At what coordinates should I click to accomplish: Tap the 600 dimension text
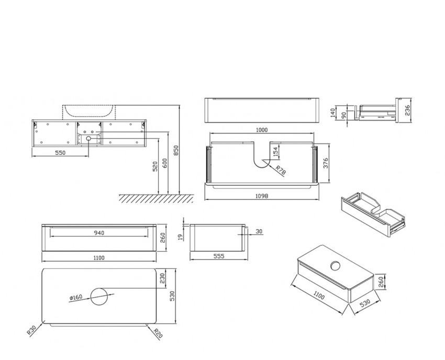pyautogui.click(x=165, y=162)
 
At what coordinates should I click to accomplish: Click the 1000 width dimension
pyautogui.click(x=262, y=130)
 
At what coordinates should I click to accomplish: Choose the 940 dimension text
pyautogui.click(x=99, y=233)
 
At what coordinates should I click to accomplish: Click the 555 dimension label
pyautogui.click(x=219, y=257)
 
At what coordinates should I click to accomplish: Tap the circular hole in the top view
pyautogui.click(x=99, y=297)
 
